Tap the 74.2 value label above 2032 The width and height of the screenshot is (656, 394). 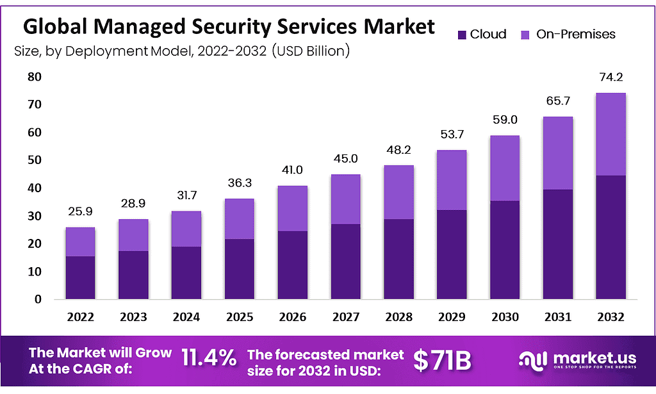tap(610, 78)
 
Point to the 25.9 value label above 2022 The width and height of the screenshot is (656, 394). tap(81, 212)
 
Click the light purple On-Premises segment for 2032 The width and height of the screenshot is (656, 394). tap(610, 134)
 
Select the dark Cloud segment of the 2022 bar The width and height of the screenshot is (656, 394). tap(81, 277)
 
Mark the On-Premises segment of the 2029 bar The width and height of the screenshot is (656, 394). tap(451, 180)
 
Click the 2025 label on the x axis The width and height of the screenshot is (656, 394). tap(240, 316)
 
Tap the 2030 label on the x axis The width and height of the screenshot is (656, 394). tap(504, 316)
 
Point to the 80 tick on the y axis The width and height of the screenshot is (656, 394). tap(34, 77)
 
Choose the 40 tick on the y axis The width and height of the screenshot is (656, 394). tap(34, 188)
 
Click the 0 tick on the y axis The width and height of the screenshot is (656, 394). tap(38, 299)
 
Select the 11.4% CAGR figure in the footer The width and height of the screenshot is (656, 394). tap(209, 359)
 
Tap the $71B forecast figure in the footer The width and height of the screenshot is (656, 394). tap(442, 361)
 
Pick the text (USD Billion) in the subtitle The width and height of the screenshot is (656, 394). tap(311, 51)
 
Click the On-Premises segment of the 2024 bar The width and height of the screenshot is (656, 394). tap(186, 229)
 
